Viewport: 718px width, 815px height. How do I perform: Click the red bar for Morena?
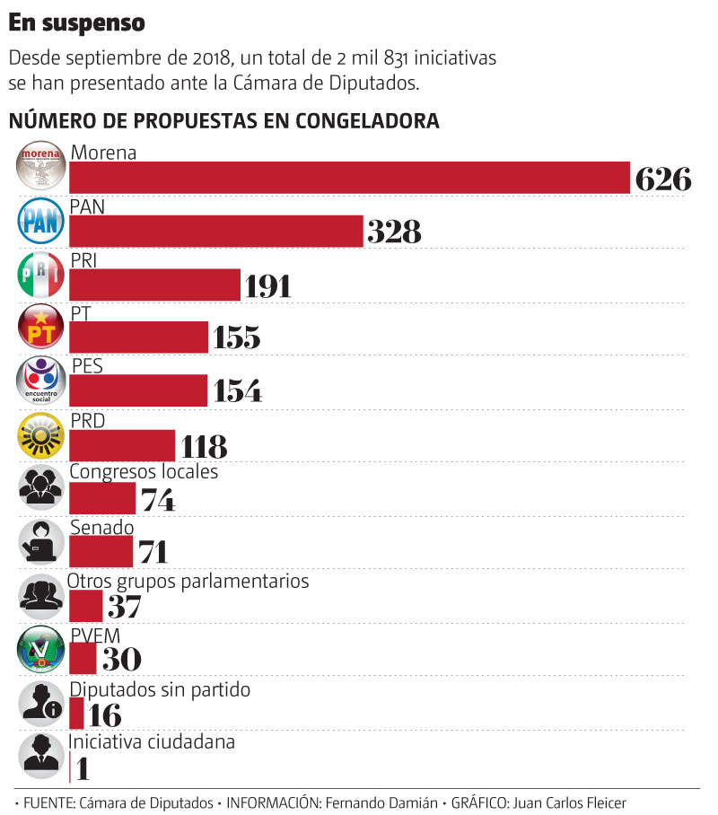[350, 177]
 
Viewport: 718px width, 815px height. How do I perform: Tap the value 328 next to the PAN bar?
[394, 232]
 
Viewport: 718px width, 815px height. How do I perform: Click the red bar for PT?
[139, 337]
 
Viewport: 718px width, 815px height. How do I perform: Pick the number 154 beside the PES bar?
[237, 390]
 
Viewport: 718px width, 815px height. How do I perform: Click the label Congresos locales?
[144, 471]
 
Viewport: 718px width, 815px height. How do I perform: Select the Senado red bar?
[101, 551]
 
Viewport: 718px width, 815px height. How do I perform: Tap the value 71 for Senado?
[153, 552]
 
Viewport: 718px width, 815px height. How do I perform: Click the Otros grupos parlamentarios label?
[188, 581]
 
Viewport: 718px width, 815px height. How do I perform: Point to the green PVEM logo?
[41, 648]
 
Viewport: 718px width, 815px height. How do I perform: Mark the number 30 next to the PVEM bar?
[121, 660]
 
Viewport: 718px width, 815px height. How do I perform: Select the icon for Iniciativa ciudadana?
[41, 756]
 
